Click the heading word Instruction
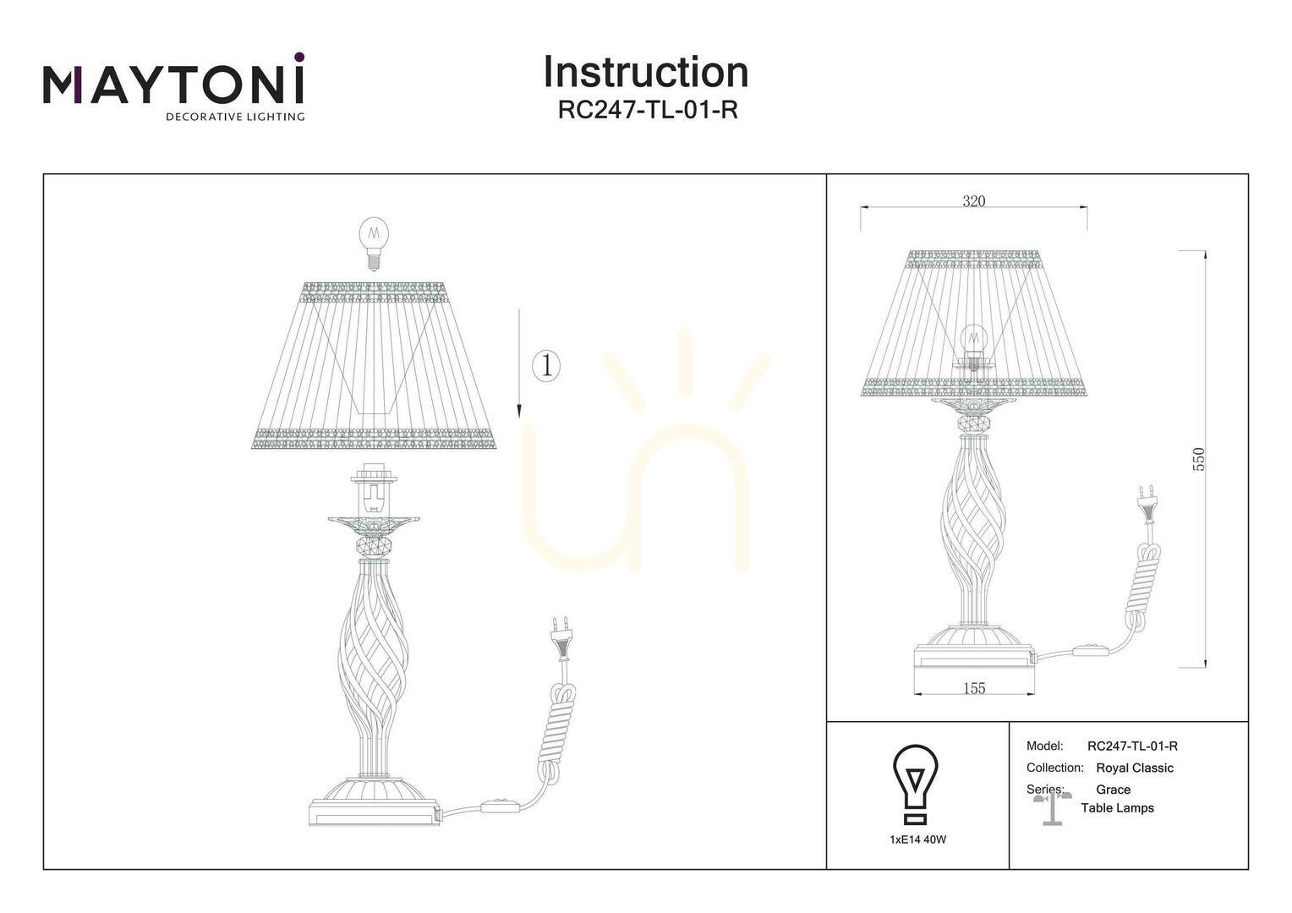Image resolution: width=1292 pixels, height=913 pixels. pyautogui.click(x=646, y=72)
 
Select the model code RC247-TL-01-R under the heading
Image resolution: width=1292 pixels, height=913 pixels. pyautogui.click(x=648, y=110)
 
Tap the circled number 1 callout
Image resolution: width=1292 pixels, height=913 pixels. pyautogui.click(x=545, y=366)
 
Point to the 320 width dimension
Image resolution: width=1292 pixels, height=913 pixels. pyautogui.click(x=973, y=200)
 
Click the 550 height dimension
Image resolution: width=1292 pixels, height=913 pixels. pyautogui.click(x=1198, y=460)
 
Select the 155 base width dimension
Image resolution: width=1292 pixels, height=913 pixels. pyautogui.click(x=974, y=688)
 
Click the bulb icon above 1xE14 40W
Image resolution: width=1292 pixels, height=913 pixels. pyautogui.click(x=916, y=784)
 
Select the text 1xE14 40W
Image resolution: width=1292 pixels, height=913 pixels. pyautogui.click(x=917, y=839)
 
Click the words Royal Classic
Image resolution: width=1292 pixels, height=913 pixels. pyautogui.click(x=1135, y=768)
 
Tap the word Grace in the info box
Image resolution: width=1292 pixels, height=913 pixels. pyautogui.click(x=1114, y=790)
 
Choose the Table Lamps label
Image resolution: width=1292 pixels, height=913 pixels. pyautogui.click(x=1117, y=808)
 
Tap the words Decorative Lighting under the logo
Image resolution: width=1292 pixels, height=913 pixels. pyautogui.click(x=235, y=117)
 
